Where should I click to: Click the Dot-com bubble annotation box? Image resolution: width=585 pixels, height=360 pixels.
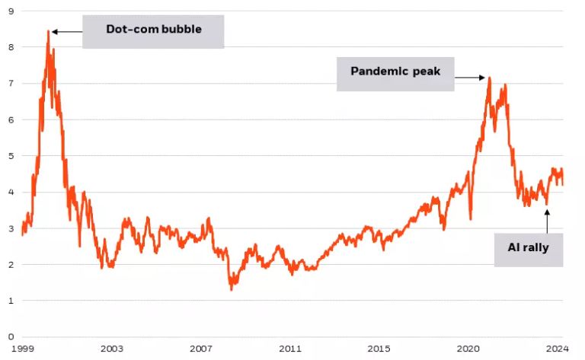click(x=153, y=32)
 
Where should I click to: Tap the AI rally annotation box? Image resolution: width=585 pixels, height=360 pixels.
click(x=528, y=248)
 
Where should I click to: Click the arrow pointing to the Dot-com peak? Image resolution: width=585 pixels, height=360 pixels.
click(x=66, y=32)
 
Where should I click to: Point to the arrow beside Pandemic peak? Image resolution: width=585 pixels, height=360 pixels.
click(x=470, y=77)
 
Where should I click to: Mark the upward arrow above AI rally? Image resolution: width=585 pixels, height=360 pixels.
click(x=546, y=221)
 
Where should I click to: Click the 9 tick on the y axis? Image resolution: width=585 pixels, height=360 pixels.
click(x=11, y=11)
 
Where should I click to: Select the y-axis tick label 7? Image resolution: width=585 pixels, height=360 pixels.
click(x=11, y=83)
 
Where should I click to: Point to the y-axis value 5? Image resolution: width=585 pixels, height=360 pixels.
click(x=11, y=155)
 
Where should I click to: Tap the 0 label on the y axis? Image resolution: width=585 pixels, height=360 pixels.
click(x=11, y=336)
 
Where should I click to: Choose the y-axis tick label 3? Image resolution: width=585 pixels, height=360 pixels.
click(x=11, y=228)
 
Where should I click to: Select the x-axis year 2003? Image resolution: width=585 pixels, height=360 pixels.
click(x=112, y=349)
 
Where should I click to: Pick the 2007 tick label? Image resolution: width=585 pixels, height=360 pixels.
click(x=201, y=349)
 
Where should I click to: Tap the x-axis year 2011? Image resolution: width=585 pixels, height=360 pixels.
click(x=290, y=349)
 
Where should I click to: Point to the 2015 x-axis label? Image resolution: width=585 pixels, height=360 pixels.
click(x=379, y=349)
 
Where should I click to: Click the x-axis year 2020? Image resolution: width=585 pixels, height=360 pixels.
click(x=468, y=349)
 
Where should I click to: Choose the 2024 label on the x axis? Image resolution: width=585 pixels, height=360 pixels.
click(x=557, y=349)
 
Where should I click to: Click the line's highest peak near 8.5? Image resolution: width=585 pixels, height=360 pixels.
click(x=47, y=31)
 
